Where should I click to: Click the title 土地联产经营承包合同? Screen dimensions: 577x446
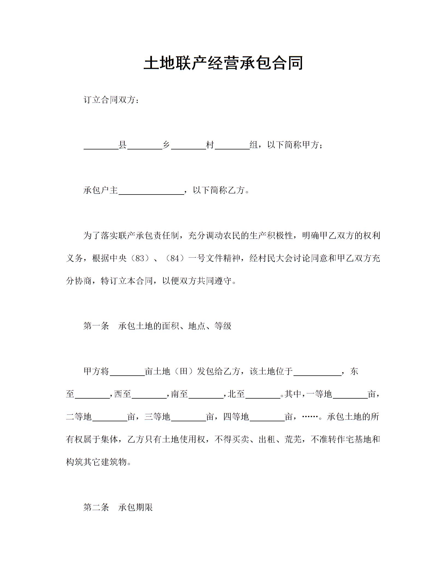(223, 63)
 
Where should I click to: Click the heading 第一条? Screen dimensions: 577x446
(96, 326)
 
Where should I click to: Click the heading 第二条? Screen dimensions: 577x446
(96, 507)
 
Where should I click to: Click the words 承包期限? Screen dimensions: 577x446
(136, 507)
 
